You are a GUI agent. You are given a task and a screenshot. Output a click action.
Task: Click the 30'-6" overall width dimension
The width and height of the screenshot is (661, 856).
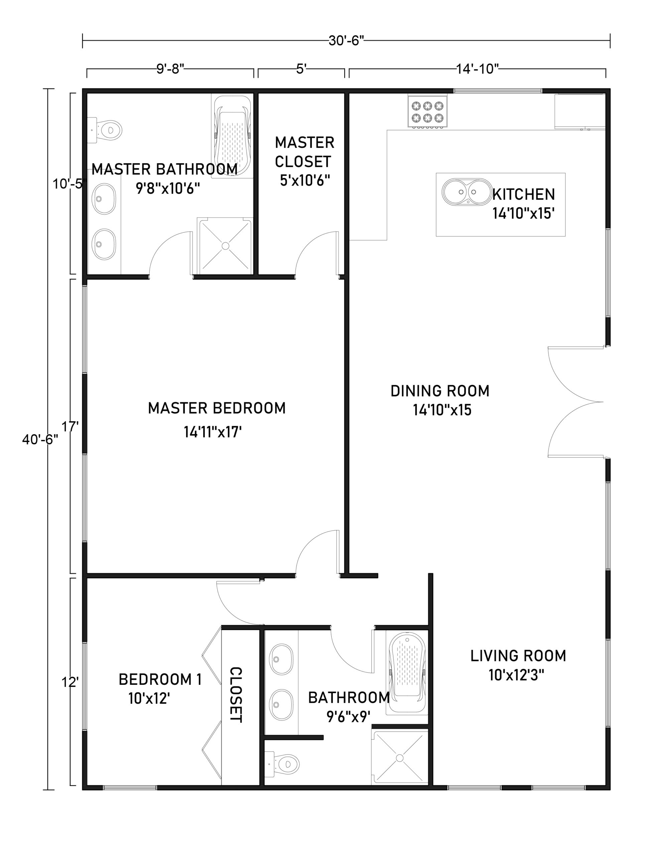[346, 40]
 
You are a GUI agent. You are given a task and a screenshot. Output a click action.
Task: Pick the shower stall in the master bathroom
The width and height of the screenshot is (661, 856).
[225, 246]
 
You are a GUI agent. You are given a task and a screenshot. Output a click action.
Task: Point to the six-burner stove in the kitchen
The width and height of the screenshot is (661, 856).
[427, 112]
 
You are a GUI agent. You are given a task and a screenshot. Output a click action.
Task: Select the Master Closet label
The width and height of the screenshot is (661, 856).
[304, 152]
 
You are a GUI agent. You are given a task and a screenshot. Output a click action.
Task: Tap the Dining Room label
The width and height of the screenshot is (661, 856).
[440, 391]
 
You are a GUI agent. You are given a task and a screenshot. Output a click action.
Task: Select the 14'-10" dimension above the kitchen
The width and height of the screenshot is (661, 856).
[477, 69]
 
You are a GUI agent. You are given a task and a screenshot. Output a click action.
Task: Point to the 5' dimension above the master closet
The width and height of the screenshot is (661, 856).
[301, 69]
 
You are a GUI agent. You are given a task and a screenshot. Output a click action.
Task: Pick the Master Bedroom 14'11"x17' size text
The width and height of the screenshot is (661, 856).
[213, 432]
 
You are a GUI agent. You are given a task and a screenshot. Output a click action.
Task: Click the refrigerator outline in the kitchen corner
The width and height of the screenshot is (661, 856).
[579, 111]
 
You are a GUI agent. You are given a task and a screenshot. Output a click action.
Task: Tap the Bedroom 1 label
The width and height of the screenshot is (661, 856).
[160, 679]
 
